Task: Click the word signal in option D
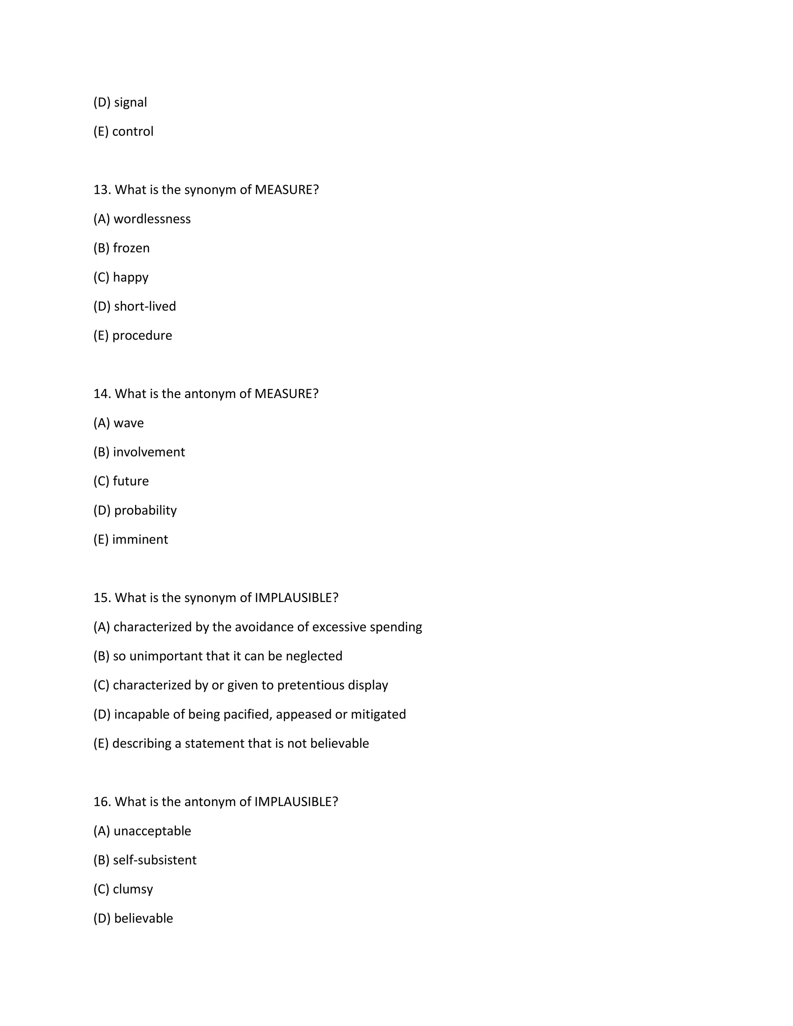(x=130, y=103)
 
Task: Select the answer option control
(x=132, y=132)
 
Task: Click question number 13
(x=102, y=190)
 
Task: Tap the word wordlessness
(x=152, y=219)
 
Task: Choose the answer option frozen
(x=131, y=248)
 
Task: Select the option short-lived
(x=145, y=306)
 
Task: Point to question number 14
(x=102, y=394)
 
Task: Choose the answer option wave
(x=128, y=423)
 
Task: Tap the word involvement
(x=149, y=452)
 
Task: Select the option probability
(x=145, y=510)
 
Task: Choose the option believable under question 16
(x=143, y=918)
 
